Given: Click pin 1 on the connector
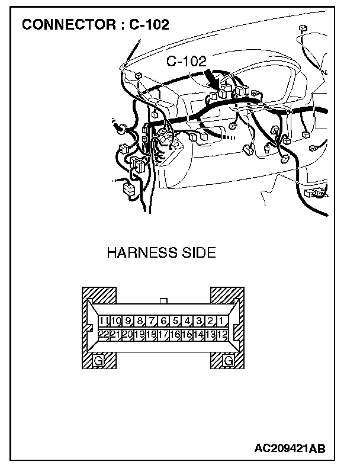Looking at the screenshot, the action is (x=220, y=321).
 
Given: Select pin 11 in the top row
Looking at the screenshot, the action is (x=104, y=321).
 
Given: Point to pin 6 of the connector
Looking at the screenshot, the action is (x=163, y=321).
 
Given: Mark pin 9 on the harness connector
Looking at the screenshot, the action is (x=128, y=321).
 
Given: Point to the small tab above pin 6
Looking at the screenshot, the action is (x=164, y=301).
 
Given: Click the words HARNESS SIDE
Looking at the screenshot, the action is (x=161, y=254).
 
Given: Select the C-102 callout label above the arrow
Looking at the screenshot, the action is (x=187, y=60).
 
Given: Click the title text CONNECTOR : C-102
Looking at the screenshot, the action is (x=95, y=24).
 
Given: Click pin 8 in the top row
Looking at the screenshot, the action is (x=140, y=321).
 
